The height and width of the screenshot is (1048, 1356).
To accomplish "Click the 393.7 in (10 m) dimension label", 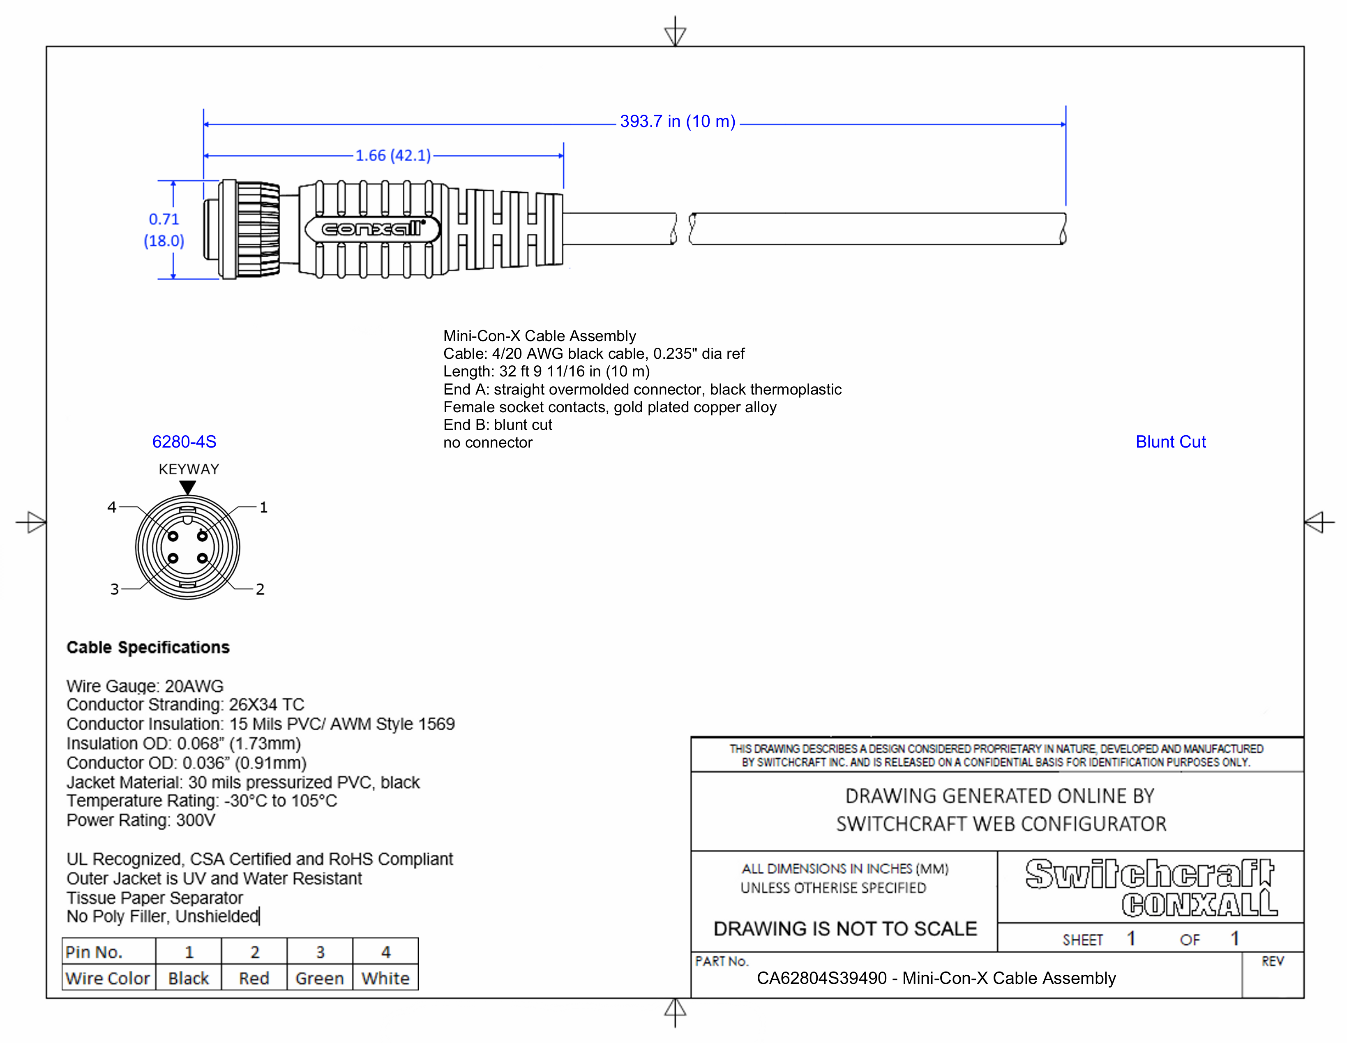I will [677, 122].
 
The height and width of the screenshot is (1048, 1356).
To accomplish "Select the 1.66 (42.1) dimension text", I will [393, 155].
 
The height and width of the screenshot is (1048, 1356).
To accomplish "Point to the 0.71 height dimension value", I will [164, 219].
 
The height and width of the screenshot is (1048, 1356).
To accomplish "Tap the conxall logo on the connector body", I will [372, 229].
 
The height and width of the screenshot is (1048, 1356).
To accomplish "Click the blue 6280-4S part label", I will [184, 442].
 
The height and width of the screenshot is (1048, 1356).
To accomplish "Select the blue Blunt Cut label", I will [1170, 442].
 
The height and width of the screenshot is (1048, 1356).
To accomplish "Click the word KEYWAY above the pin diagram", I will [189, 469].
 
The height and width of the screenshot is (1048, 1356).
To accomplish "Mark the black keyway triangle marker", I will [187, 487].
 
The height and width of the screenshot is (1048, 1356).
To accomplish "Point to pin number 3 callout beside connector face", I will [114, 589].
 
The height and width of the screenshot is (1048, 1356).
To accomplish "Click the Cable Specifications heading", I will [148, 648].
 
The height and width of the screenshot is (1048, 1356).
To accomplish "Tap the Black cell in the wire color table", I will [188, 979].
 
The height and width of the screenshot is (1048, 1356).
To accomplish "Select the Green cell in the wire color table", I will [319, 979].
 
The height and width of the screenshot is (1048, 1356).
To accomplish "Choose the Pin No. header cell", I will [95, 952].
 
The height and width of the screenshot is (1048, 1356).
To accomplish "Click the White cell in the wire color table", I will [385, 979].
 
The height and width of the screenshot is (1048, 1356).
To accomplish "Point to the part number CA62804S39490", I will [821, 979].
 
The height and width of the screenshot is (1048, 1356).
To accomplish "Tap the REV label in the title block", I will [1272, 962].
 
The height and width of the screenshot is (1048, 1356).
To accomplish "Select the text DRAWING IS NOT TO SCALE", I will [845, 929].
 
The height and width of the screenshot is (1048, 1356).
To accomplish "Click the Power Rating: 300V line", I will [141, 821].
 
